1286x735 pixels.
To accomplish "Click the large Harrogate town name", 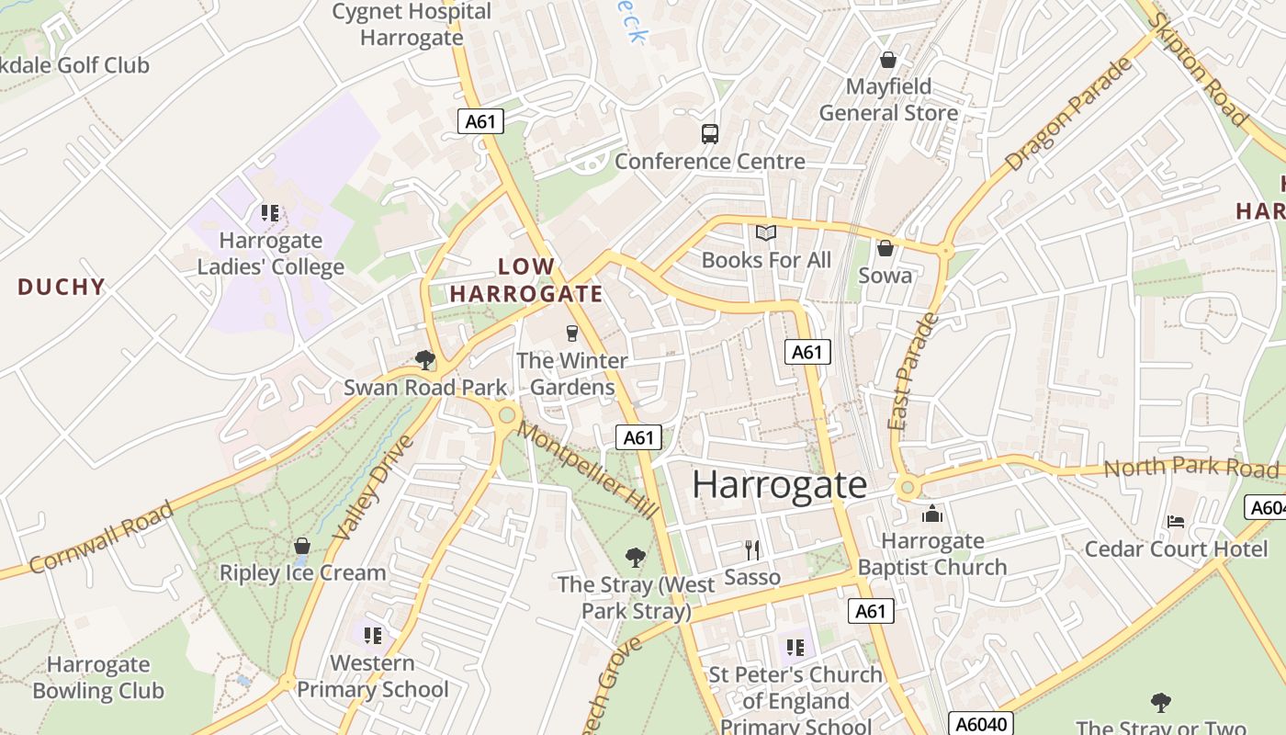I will click(779, 484).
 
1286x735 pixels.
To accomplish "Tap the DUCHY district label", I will click(62, 287).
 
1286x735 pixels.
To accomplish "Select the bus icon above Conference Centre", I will click(710, 134).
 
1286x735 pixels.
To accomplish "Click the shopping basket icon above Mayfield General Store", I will click(888, 60).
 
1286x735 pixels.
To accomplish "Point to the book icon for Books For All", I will click(766, 233).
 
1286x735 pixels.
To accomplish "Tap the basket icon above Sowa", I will click(886, 248).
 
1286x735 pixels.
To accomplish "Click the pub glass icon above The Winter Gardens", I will click(572, 333).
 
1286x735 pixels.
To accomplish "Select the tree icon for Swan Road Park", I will click(424, 359).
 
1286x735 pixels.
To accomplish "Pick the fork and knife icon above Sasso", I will click(752, 549).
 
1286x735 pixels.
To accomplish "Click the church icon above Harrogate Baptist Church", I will click(932, 514).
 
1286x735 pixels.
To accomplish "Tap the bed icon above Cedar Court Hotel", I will click(1176, 521).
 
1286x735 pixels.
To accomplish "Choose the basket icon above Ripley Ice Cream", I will click(302, 546).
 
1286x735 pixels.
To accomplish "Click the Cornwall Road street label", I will click(101, 537).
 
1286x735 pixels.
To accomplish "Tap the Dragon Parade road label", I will click(1068, 116).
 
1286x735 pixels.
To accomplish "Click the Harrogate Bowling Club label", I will click(98, 677).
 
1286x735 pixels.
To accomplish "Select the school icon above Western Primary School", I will click(373, 635).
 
